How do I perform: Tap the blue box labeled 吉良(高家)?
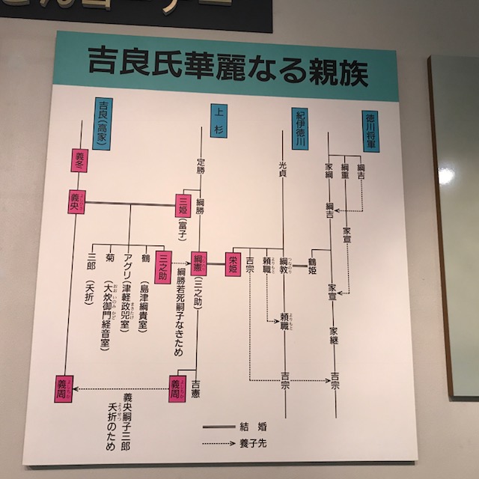103,120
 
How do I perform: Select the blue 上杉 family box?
218,119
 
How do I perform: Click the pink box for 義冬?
80,159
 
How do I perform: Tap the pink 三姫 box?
181,204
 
